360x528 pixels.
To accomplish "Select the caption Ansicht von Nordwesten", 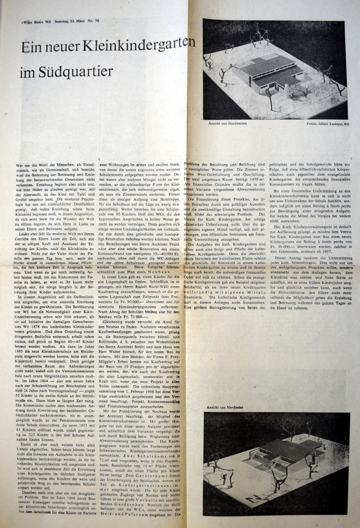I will pyautogui.click(x=228, y=123).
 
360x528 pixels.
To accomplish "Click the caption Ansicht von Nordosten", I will pyautogui.click(x=225, y=407).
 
